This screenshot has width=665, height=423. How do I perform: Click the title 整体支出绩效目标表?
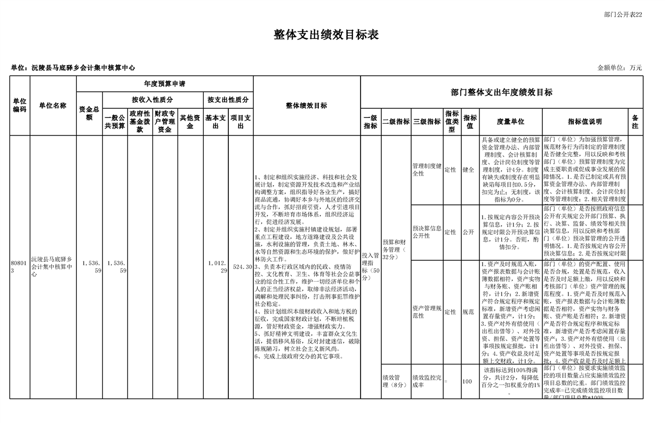(326, 35)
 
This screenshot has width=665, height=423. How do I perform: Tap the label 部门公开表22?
(622, 14)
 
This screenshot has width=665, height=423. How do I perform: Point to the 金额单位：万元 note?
(619, 68)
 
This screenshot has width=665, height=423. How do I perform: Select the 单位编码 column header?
(20, 106)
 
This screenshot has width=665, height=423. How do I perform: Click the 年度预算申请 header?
(165, 84)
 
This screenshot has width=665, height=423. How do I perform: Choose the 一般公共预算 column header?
(115, 122)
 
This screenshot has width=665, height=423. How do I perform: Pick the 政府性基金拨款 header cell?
(140, 122)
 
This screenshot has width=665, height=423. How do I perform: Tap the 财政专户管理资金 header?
(165, 122)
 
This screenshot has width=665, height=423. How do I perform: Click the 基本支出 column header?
(215, 122)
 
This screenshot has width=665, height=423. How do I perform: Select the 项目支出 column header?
(241, 122)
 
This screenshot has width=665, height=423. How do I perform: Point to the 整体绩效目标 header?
(307, 106)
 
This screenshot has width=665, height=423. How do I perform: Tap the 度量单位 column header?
(510, 122)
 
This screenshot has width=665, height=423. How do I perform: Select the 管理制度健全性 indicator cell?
(427, 170)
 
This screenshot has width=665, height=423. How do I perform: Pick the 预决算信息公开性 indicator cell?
(427, 232)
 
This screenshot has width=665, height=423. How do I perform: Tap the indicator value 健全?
(468, 170)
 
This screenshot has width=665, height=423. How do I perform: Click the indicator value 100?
(467, 381)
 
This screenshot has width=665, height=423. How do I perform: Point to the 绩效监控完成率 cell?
(427, 381)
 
